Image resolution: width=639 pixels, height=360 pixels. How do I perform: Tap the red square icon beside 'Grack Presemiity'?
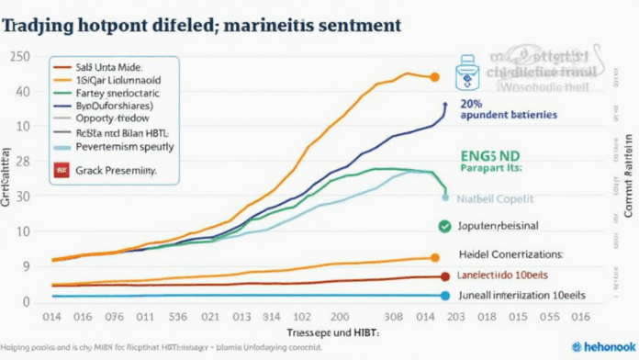tap(63, 170)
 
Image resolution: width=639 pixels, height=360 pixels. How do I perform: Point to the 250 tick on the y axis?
tap(17, 57)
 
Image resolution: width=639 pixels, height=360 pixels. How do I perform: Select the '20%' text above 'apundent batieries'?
tap(472, 104)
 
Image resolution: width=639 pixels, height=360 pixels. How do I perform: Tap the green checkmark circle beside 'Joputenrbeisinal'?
tap(445, 225)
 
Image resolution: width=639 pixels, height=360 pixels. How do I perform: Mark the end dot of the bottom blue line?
tap(446, 296)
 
